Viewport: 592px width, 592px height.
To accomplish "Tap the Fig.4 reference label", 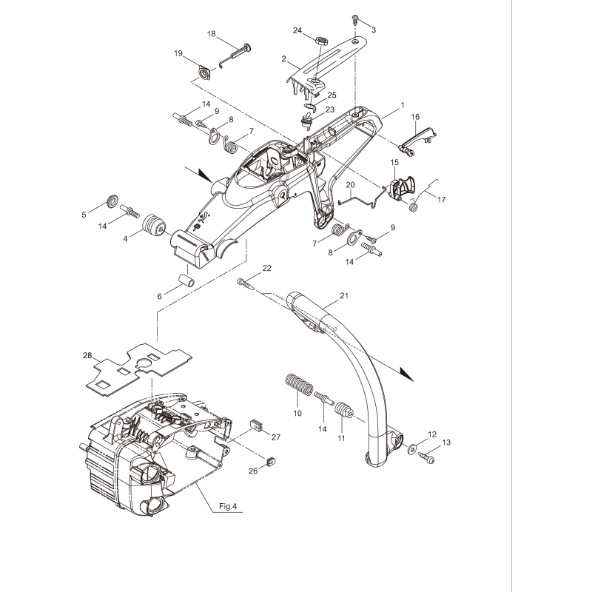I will (232, 507).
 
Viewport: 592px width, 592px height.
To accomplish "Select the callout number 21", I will (343, 296).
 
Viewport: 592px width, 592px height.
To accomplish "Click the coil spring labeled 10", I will (298, 387).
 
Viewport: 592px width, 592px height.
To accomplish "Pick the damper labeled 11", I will (342, 409).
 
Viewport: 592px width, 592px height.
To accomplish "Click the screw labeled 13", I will (427, 459).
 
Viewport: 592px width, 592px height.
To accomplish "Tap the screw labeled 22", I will (246, 282).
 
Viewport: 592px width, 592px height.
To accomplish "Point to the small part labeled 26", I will (270, 460).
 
